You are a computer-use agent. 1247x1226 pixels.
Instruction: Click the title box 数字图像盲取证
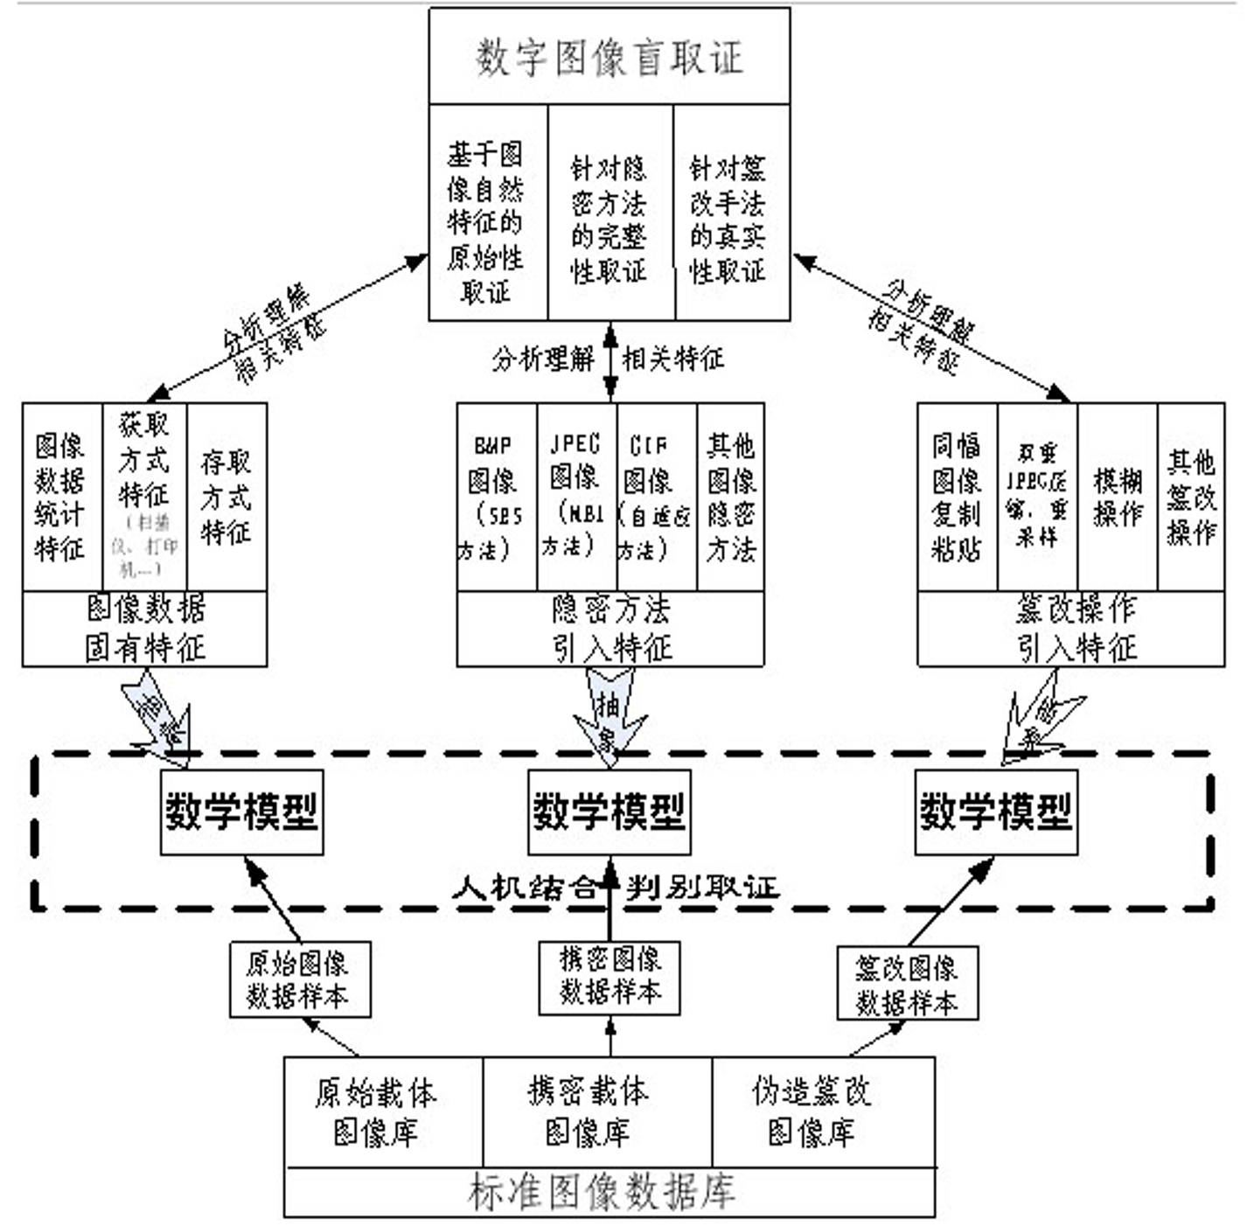pos(609,58)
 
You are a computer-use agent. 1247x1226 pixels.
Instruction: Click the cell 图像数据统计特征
pos(61,496)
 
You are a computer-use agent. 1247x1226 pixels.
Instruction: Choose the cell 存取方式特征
pos(226,496)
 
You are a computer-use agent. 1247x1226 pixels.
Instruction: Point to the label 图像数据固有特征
pos(144,629)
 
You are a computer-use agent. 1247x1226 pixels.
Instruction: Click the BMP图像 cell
pos(495,496)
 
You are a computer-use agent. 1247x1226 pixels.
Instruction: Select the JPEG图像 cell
pos(575,496)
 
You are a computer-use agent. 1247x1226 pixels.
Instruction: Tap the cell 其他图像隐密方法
pos(730,496)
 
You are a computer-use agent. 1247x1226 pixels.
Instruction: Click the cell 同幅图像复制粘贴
pos(956,496)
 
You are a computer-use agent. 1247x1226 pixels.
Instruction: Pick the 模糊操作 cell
pos(1117,496)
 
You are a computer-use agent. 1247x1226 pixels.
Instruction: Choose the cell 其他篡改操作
pos(1190,496)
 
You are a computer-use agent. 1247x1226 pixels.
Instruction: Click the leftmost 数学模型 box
pos(241,812)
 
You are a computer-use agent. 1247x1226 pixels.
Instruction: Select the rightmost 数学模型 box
pos(995,812)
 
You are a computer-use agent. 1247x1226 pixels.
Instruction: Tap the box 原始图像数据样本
pos(299,979)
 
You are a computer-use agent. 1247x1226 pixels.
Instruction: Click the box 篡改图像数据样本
pos(907,983)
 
